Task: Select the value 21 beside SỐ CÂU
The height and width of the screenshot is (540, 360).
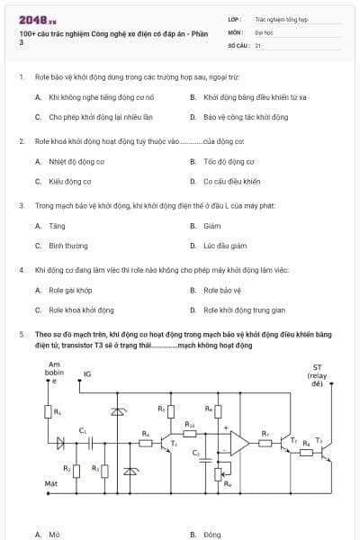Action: [258, 44]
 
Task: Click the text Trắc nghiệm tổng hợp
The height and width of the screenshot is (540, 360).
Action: [281, 18]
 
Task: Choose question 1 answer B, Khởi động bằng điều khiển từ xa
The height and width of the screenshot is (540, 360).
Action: [255, 96]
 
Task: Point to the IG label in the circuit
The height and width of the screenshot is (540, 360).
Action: [87, 374]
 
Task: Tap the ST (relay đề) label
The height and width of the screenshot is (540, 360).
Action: [317, 374]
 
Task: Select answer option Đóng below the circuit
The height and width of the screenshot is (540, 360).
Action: [212, 535]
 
